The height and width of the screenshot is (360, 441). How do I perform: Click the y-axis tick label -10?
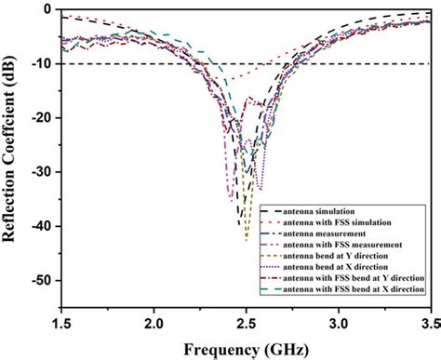40,64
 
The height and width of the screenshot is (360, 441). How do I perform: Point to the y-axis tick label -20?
40,118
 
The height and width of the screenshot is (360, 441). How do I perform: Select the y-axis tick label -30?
40,172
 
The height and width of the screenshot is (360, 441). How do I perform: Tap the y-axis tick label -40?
40,226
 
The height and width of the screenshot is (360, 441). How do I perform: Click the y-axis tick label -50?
40,280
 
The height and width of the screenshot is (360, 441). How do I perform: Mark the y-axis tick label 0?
46,9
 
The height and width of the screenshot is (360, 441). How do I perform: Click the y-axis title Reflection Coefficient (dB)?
13,158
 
